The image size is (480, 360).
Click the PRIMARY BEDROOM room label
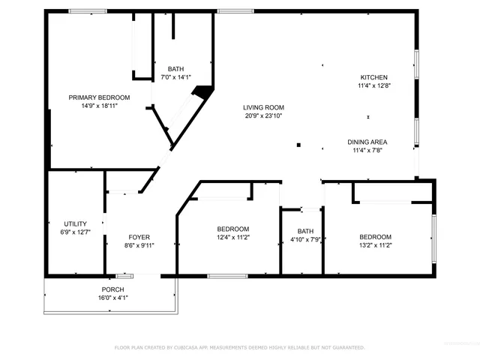click(99, 97)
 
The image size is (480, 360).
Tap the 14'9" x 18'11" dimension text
click(99, 106)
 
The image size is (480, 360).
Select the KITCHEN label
click(373, 77)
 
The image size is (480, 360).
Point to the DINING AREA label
click(367, 142)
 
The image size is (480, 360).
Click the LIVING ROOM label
click(263, 107)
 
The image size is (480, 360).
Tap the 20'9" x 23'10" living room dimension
click(263, 116)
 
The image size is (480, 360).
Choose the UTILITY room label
click(75, 223)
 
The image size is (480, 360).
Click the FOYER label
click(139, 236)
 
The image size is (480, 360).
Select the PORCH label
click(113, 289)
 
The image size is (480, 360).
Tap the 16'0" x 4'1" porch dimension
click(113, 298)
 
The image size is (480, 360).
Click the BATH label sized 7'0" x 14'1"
click(175, 68)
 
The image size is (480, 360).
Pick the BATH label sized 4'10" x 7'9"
click(305, 231)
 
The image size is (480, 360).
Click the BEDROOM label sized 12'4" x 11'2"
click(233, 229)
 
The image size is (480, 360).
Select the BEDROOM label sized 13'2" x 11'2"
click(375, 236)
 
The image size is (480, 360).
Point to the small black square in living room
click(298, 145)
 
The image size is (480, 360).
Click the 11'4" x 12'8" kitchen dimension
click(373, 85)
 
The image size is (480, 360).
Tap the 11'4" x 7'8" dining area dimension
click(367, 151)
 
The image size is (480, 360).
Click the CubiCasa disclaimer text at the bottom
click(239, 347)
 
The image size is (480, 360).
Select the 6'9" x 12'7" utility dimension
click(75, 232)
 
